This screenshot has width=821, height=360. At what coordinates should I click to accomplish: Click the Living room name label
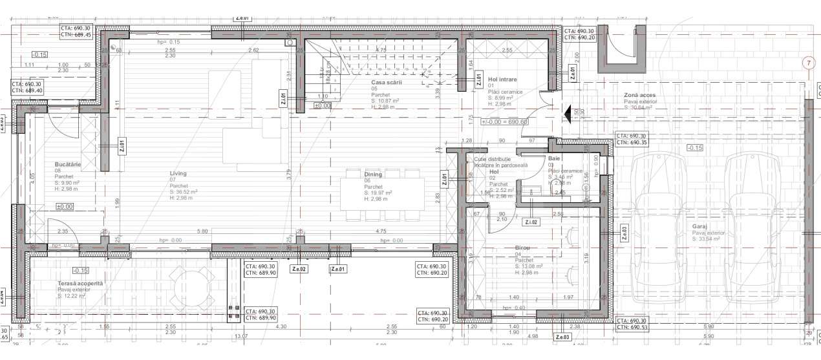(x=178, y=173)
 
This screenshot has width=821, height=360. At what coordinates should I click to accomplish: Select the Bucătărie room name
(x=68, y=165)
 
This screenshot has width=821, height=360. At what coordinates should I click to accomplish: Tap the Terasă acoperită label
(x=80, y=284)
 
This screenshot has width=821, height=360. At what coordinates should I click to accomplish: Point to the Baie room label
(x=554, y=158)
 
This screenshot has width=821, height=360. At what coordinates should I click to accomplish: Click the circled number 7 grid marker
(x=807, y=63)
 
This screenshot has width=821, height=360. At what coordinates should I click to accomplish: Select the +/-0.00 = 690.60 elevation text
(x=505, y=122)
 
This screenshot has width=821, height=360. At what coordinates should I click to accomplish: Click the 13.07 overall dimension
(x=241, y=336)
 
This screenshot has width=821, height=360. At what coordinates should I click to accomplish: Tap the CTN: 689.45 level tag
(x=76, y=36)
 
